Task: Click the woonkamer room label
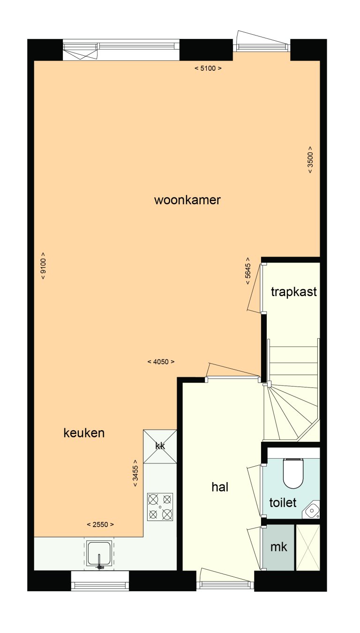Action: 187,201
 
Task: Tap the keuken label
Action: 84,433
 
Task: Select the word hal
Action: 220,487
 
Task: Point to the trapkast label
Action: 294,292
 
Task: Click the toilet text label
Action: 283,503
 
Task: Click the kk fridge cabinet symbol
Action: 160,447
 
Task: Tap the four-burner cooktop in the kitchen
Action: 160,506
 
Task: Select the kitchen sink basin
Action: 99,553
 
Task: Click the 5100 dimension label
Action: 208,68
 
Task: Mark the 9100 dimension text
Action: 43,266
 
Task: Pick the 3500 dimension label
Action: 310,160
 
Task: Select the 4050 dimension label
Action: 160,362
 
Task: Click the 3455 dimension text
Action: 135,473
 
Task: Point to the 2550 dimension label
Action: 100,524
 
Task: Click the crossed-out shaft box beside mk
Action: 308,547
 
